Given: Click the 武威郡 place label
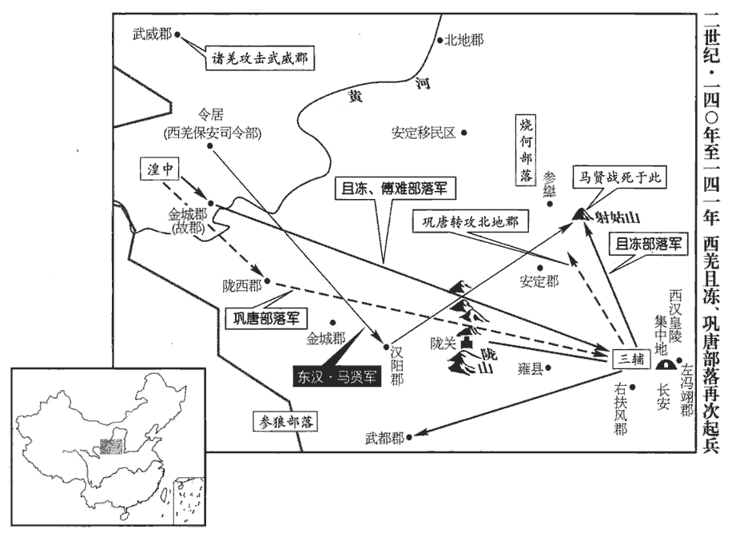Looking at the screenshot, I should tap(153, 34).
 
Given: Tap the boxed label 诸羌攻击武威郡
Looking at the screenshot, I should tap(257, 58).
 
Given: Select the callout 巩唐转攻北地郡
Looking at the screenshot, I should tap(471, 222).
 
